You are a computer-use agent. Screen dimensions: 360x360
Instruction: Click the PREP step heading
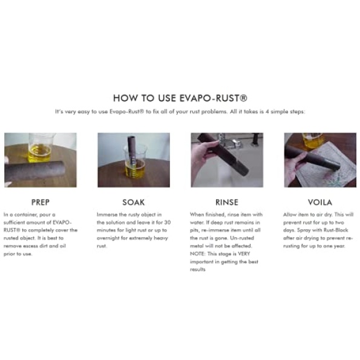point(41,202)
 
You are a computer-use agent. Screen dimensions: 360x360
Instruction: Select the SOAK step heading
point(134,202)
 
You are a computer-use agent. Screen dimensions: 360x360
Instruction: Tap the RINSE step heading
point(227,202)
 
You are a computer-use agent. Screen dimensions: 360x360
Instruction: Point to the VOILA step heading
point(320,202)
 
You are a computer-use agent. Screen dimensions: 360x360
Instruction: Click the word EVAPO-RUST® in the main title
point(214,98)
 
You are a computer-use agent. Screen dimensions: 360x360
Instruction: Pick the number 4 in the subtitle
point(267,111)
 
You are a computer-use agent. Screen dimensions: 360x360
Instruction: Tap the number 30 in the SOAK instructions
point(168,223)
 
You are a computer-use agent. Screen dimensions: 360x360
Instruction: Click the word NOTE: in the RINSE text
point(197,254)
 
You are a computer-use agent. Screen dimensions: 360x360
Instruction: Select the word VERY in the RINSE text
point(244,254)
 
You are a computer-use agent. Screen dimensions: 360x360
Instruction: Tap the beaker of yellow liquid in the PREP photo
point(39,148)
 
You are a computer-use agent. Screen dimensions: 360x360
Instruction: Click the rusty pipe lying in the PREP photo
point(34,171)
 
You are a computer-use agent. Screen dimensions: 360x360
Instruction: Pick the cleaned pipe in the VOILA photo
point(312,157)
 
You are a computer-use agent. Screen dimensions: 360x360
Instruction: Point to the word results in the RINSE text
point(197,269)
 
